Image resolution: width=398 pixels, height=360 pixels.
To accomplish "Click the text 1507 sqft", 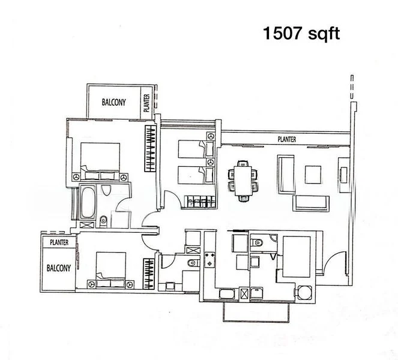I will point(301,33).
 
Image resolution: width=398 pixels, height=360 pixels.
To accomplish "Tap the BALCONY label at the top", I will point(113,102).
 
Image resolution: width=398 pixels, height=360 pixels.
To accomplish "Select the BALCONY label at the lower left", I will point(59,268).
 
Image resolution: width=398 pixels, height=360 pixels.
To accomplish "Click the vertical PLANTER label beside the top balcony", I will point(146,104).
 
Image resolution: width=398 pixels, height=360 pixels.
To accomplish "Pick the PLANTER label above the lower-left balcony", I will point(59,242).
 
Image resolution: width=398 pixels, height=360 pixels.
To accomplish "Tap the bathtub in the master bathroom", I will point(88,203).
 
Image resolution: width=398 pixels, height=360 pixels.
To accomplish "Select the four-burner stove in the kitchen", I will point(211,259).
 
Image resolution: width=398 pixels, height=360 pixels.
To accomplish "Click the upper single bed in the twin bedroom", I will point(195,148).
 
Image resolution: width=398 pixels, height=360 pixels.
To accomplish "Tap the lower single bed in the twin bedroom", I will point(195,175).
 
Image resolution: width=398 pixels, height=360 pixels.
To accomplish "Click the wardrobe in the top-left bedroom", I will point(149,151).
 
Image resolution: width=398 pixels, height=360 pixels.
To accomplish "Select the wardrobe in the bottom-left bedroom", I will point(149,274).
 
